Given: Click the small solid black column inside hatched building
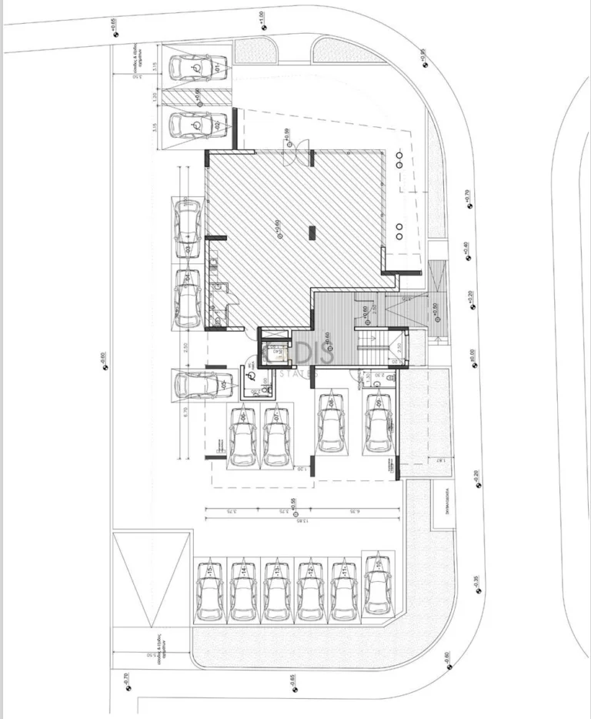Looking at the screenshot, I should click(x=312, y=230).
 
